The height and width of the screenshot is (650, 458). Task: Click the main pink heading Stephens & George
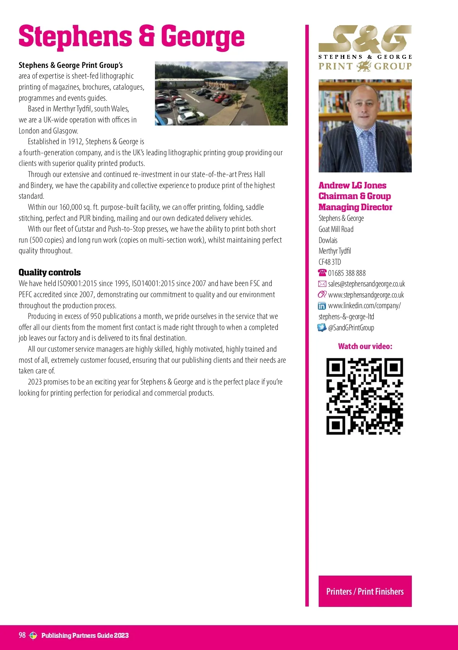point(131,37)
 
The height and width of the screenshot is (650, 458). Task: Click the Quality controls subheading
point(50,272)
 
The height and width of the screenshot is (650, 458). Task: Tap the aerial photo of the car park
point(221,93)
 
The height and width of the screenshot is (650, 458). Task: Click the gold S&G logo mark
point(365,39)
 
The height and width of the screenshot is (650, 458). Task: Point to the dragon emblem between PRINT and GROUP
point(363,66)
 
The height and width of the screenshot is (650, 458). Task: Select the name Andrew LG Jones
point(352,185)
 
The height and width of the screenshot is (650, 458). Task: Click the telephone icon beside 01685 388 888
point(322,273)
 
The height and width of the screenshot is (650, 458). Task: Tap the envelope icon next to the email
point(322,284)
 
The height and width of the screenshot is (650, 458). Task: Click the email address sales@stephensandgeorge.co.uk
point(366,284)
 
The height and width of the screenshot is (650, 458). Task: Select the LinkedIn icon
point(322,306)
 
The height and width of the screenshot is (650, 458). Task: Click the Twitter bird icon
point(322,328)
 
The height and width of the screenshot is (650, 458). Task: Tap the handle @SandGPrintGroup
point(351,328)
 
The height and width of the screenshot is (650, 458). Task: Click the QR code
point(364,396)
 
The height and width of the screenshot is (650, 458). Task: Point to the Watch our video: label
point(365,346)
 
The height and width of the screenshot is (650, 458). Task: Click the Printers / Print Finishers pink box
point(365,591)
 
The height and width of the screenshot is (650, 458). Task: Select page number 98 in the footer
point(22,635)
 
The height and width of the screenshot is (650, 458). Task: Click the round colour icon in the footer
point(33,636)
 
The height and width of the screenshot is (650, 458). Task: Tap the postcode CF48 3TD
point(330,262)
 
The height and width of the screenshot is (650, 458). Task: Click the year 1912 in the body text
point(75,142)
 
